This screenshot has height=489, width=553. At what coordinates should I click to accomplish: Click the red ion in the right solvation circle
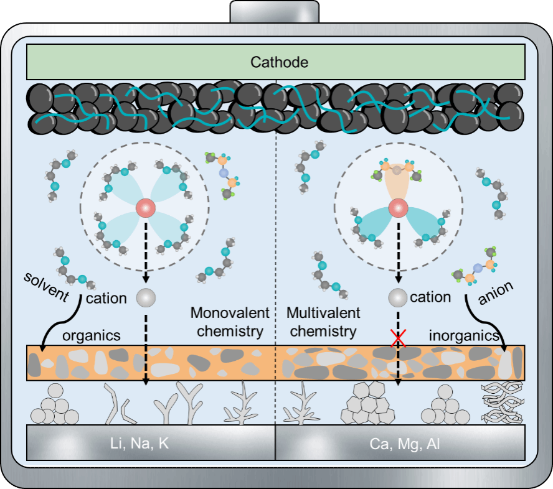(x=398, y=207)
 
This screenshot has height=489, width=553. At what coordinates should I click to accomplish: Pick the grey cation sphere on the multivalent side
(x=397, y=297)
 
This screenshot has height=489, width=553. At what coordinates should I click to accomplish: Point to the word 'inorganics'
(x=464, y=336)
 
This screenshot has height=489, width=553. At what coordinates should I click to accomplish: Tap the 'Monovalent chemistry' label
(x=230, y=322)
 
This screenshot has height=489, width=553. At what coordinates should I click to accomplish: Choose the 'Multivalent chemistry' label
(x=323, y=322)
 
